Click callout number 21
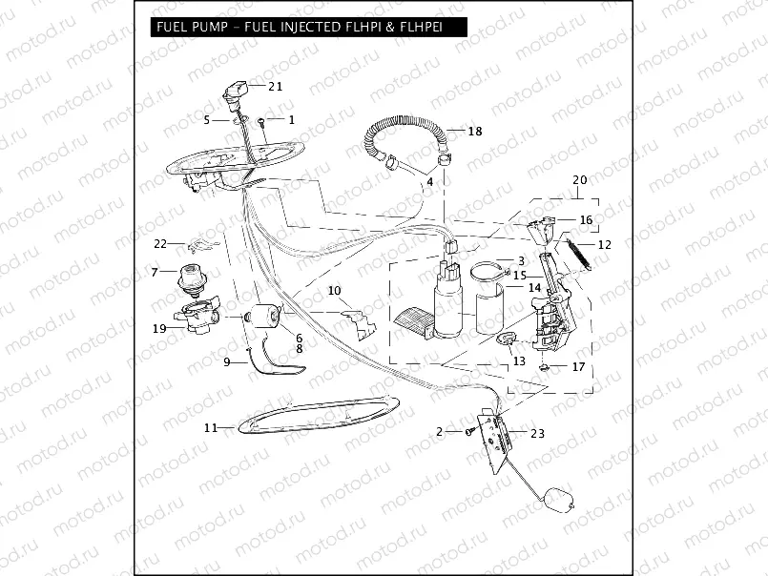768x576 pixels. (276, 86)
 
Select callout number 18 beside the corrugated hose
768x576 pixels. (474, 131)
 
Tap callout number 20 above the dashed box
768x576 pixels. (580, 179)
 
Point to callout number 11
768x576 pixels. (211, 428)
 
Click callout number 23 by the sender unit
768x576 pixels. (537, 433)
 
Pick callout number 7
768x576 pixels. (154, 273)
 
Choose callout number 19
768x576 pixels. (160, 328)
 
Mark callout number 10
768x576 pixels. (334, 290)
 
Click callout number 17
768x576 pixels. (578, 366)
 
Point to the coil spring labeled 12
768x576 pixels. (578, 255)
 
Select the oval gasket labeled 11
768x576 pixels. (316, 415)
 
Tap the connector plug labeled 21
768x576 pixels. (235, 92)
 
